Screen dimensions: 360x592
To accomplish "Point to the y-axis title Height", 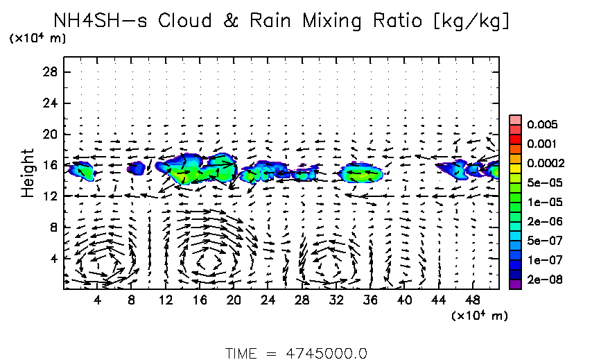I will pyautogui.click(x=28, y=173).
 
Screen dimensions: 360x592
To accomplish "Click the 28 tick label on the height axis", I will pyautogui.click(x=49, y=72).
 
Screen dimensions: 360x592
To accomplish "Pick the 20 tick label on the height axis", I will pyautogui.click(x=49, y=134).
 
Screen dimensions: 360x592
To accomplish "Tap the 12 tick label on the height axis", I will pyautogui.click(x=49, y=196).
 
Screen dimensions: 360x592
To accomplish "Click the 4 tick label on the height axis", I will pyautogui.click(x=52, y=258).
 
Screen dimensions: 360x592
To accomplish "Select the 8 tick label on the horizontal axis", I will pyautogui.click(x=131, y=300).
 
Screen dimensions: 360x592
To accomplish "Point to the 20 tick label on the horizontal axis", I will pyautogui.click(x=234, y=300).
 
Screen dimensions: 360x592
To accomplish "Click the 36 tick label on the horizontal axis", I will pyautogui.click(x=370, y=300).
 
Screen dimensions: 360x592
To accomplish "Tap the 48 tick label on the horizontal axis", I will pyautogui.click(x=473, y=300).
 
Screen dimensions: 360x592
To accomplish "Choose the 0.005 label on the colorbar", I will pyautogui.click(x=541, y=125).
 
